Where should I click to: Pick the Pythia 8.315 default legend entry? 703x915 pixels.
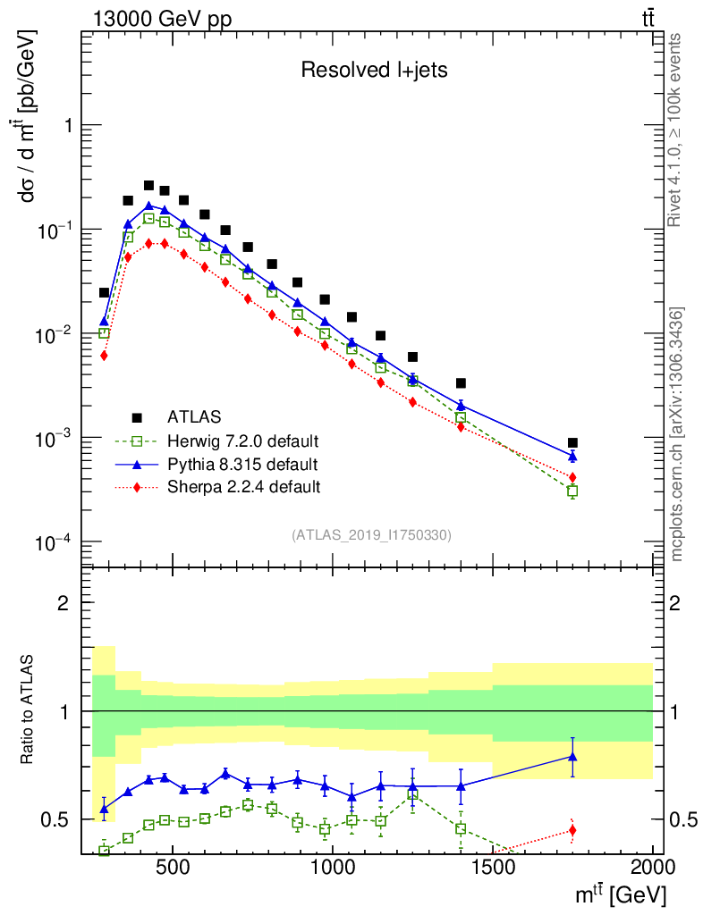[x=230, y=464]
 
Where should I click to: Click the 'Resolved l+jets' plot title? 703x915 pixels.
[x=374, y=71]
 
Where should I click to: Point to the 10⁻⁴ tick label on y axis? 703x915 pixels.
[x=55, y=542]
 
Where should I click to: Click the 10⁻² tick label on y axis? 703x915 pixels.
[x=55, y=334]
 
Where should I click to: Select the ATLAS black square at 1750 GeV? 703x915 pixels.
[x=572, y=442]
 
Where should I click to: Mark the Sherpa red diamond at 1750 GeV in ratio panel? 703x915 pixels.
[x=572, y=831]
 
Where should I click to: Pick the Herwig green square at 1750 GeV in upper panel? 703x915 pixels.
[x=572, y=491]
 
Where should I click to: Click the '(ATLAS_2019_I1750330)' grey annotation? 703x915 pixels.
[x=371, y=535]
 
